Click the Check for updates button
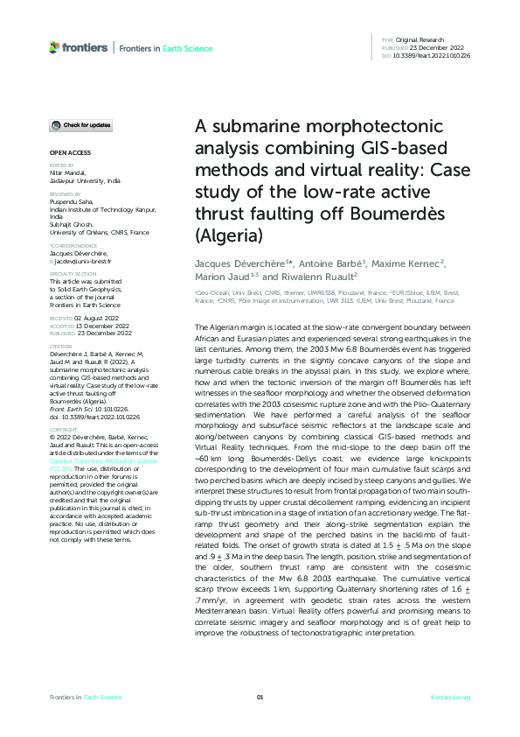pyautogui.click(x=80, y=125)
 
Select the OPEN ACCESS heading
pyautogui.click(x=64, y=153)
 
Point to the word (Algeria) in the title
pyautogui.click(x=228, y=235)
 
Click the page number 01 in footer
pyautogui.click(x=260, y=697)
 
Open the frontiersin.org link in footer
pyautogui.click(x=451, y=697)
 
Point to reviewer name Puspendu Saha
pyautogui.click(x=70, y=200)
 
